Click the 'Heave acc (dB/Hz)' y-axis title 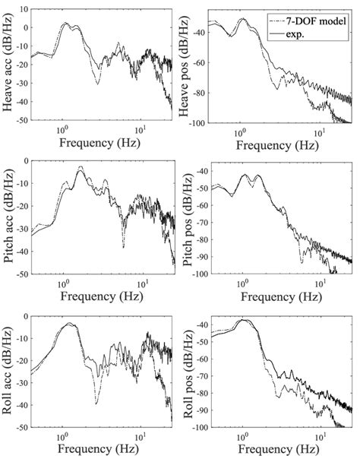[x=11, y=65]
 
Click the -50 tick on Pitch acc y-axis [x=23, y=274]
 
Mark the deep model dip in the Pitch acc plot [x=123, y=247]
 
